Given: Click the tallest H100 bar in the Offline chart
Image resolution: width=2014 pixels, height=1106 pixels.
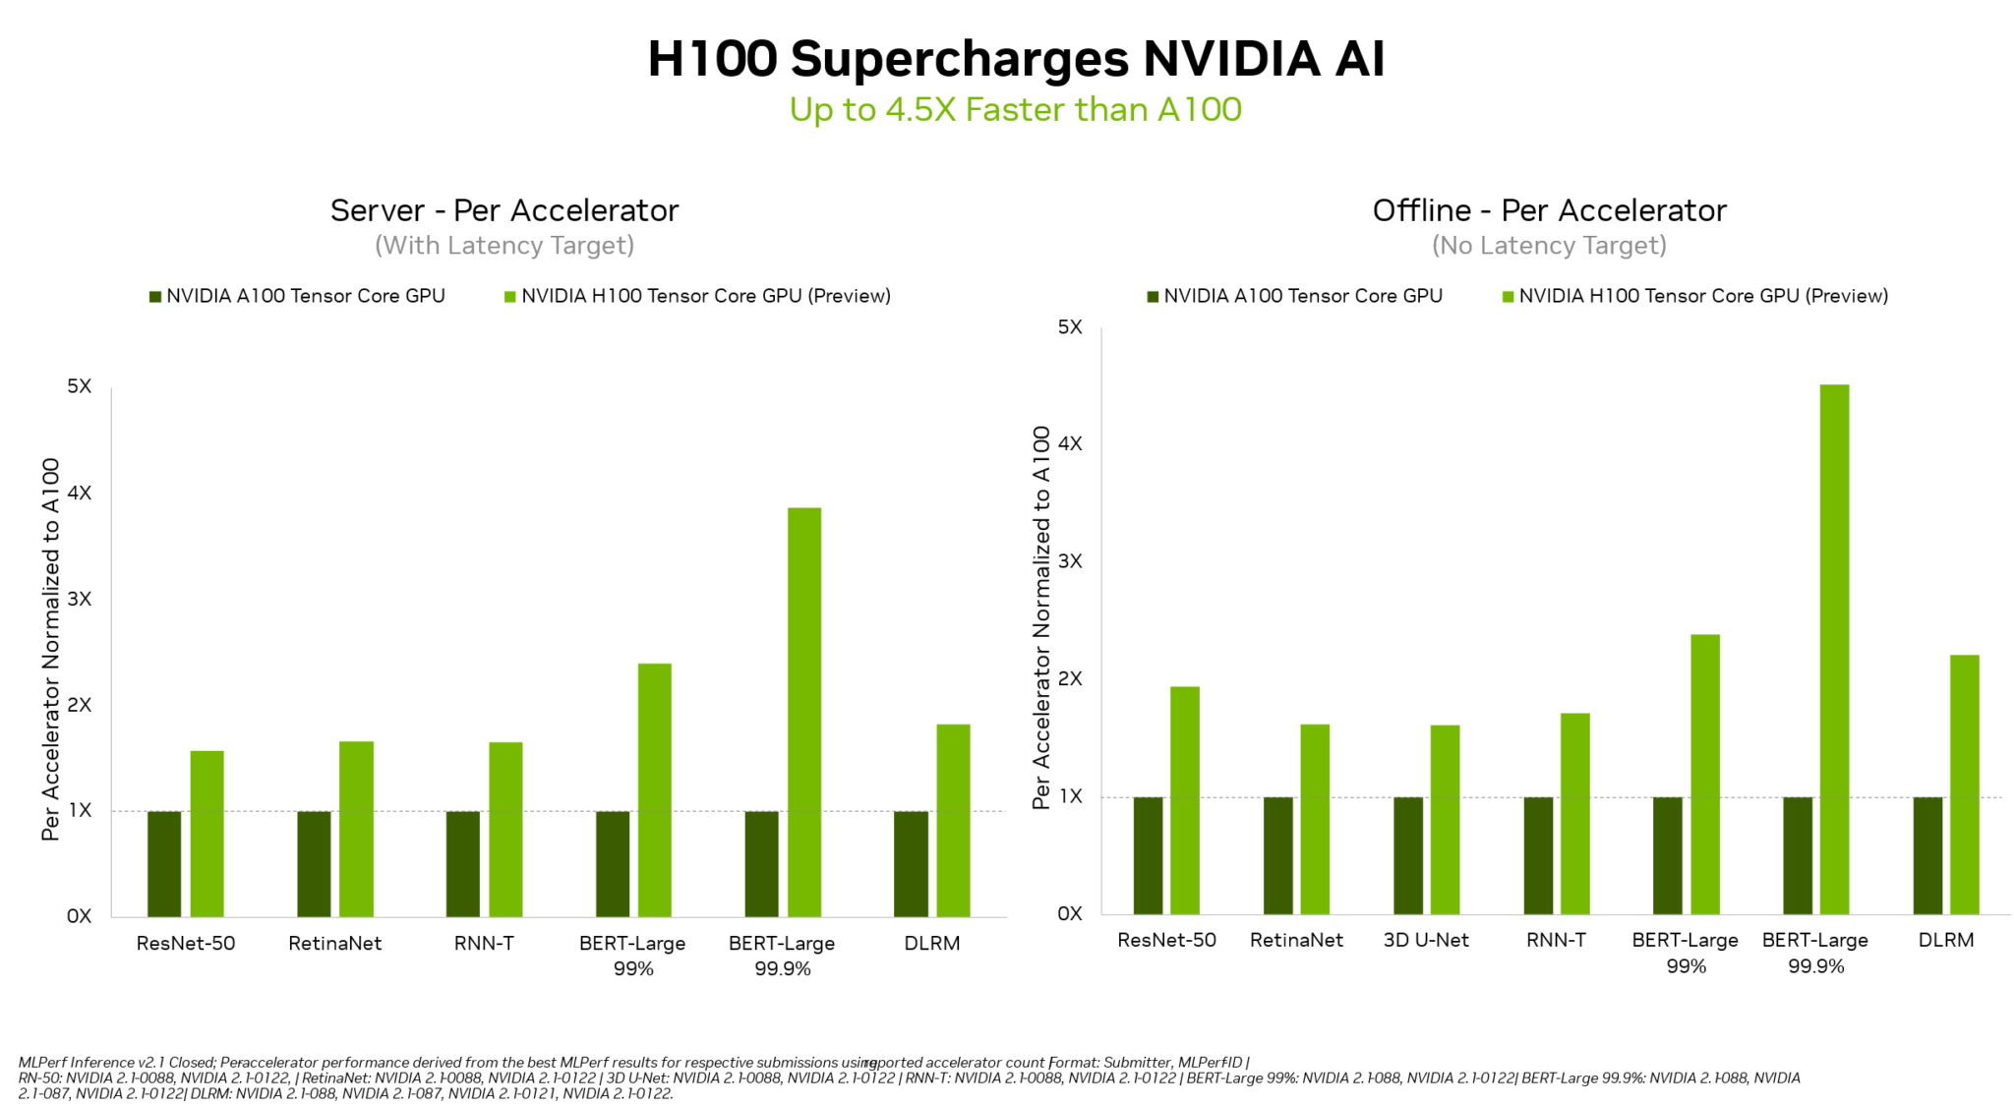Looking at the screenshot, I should [1834, 649].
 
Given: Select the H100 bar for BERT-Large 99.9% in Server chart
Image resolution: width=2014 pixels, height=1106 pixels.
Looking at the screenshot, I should [804, 712].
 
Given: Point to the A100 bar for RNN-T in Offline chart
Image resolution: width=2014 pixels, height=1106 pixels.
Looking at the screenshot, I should [1538, 854].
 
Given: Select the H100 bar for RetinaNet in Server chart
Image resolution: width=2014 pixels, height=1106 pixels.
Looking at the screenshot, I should [356, 829].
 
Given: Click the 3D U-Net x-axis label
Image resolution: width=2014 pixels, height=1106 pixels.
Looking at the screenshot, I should [1426, 940].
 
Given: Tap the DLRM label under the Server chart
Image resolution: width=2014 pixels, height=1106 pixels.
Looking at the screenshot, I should [931, 943].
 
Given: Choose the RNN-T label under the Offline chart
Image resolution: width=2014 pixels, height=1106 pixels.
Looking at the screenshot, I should [1556, 940].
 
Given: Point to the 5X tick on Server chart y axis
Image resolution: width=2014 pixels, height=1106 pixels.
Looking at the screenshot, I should [80, 386].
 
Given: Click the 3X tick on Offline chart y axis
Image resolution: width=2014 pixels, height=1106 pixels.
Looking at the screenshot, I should [1070, 560].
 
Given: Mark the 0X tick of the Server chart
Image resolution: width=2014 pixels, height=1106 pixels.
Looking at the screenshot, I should [80, 916].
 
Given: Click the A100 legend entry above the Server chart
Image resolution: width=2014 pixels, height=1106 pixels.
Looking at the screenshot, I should [297, 296].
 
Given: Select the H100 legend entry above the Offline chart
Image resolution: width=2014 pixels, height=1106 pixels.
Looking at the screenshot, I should [1695, 296].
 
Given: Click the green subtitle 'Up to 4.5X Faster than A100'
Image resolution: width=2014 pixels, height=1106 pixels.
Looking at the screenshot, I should [1015, 109].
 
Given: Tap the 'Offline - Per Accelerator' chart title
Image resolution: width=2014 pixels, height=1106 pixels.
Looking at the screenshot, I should [1549, 210].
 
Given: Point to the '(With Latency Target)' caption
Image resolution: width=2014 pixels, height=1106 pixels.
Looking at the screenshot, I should [504, 245].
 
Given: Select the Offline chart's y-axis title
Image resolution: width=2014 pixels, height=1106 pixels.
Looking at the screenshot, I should [1041, 617].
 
